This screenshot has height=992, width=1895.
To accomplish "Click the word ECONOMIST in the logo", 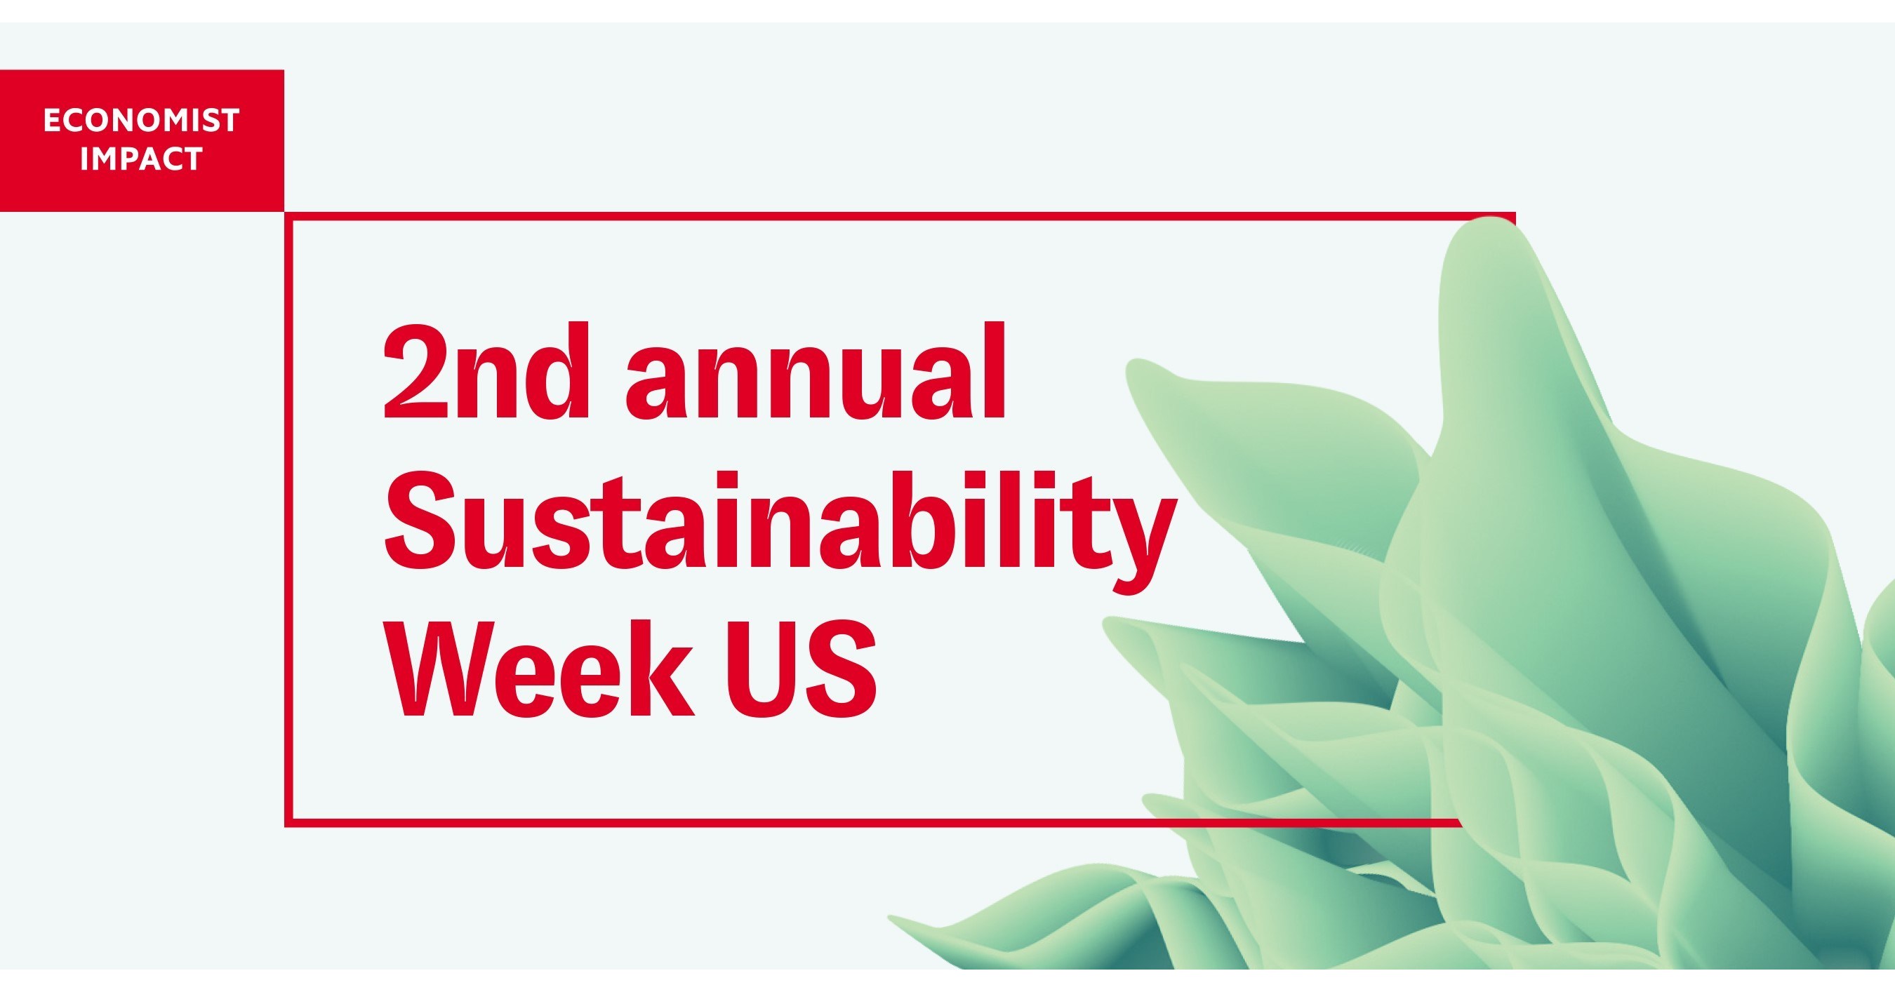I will click(141, 121).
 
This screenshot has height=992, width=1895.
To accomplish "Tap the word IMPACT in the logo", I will click(141, 159).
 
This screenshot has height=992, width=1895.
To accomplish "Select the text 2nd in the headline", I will click(486, 371).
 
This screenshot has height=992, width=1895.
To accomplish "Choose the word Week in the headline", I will click(540, 669).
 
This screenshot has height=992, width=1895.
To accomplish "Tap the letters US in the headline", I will click(802, 669).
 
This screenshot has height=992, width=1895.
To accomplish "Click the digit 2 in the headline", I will click(416, 371).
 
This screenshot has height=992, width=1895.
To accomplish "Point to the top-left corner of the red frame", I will click(288, 216).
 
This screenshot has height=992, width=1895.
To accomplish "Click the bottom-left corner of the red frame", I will click(288, 822).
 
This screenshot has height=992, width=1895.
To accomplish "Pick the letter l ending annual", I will click(993, 371).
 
